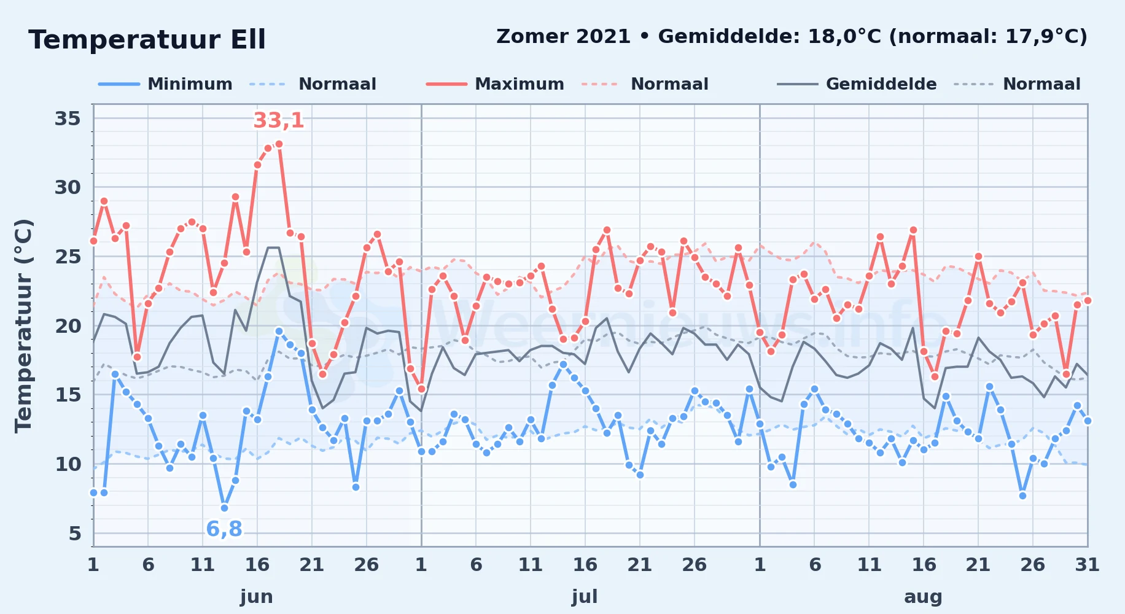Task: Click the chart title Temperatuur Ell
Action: coord(147,40)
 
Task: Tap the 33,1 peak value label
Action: coord(279,120)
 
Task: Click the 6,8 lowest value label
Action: coord(224,529)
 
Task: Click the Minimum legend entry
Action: coord(166,84)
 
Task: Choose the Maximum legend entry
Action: coord(495,84)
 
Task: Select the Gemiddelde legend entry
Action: coord(857,84)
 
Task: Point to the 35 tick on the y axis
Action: coord(68,118)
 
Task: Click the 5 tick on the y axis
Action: coord(75,533)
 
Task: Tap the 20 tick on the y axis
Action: coord(68,325)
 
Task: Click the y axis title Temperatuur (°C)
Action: coord(23,326)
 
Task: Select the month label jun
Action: coord(257,596)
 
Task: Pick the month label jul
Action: coord(585,596)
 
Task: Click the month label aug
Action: coord(923,596)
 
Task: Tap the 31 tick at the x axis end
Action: coord(1087,564)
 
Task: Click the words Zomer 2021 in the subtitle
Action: coord(563,36)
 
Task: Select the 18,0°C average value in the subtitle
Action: coord(845,36)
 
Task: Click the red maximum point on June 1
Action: coord(93,241)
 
